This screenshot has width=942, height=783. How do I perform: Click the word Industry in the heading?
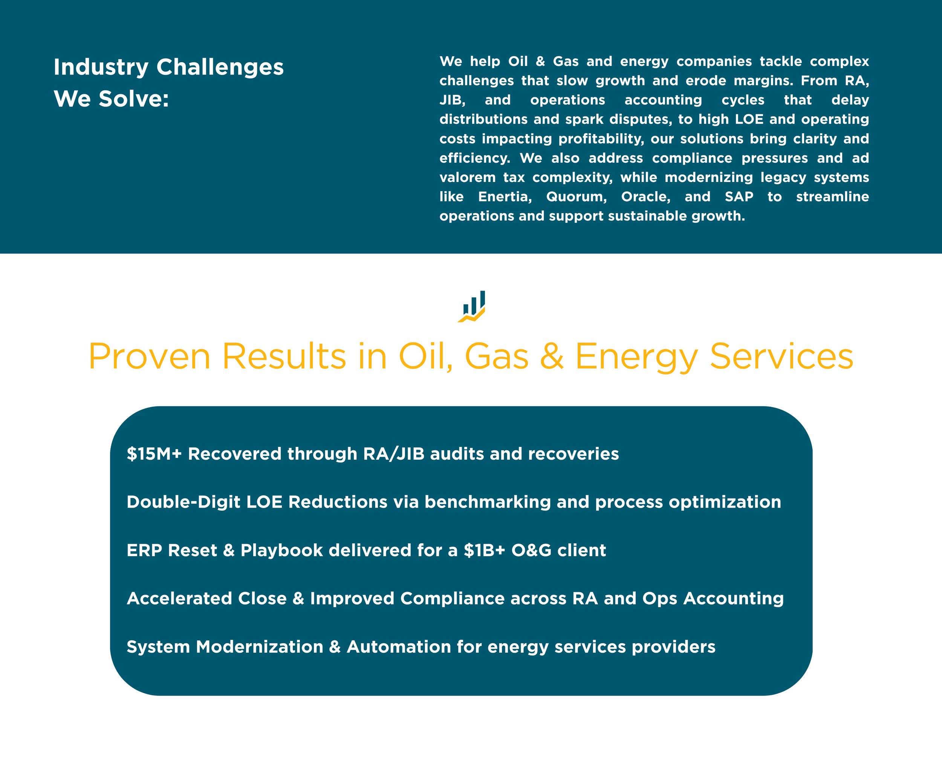(x=101, y=68)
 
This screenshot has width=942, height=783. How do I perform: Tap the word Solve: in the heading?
(x=134, y=99)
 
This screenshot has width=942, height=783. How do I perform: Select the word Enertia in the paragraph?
(x=505, y=197)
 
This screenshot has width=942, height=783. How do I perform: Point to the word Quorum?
(x=577, y=197)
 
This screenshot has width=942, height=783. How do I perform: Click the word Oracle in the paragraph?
(x=645, y=197)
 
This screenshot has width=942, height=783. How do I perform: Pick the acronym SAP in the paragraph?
(x=739, y=196)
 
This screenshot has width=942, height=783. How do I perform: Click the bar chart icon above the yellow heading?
(x=471, y=306)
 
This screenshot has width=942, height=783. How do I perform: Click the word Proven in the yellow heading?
(x=149, y=356)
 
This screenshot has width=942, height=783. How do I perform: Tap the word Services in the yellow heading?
(x=781, y=356)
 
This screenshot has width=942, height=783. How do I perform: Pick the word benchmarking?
(x=488, y=502)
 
